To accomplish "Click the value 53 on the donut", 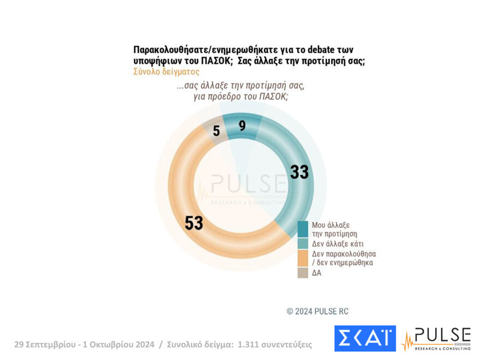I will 194,223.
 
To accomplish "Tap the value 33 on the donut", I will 299,172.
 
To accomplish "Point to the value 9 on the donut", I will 242,126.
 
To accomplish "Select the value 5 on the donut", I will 217,131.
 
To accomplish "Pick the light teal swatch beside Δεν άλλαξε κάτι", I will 303,243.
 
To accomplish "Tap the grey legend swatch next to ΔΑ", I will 303,272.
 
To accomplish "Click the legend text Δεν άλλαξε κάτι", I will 338,243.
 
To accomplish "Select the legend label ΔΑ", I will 317,273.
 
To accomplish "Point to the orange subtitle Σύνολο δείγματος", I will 166,71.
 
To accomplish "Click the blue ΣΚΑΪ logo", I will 364,338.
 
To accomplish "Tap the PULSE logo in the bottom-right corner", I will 436,338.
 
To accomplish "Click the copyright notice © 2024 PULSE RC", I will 317,311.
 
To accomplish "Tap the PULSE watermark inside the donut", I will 248,185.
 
